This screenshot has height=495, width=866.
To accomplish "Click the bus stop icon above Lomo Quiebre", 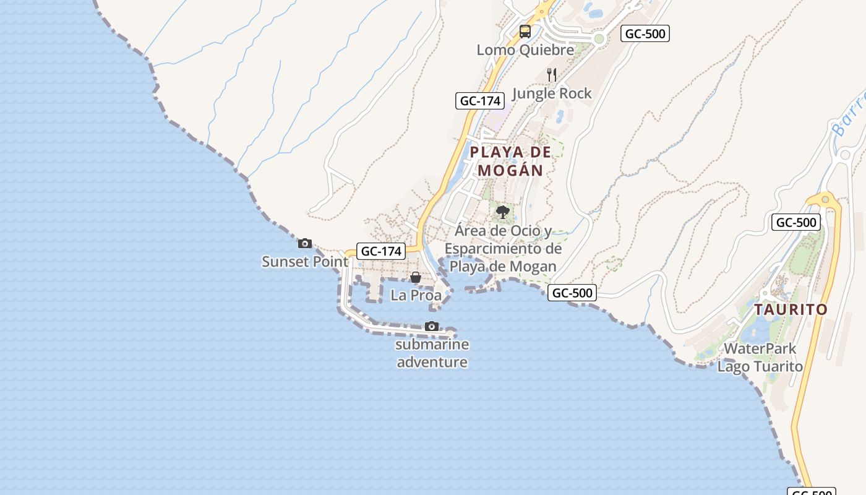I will tap(525, 31).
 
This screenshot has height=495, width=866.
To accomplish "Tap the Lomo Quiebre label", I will tap(525, 49).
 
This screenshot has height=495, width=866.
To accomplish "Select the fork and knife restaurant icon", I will tap(552, 75).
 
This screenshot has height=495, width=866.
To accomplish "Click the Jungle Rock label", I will tap(552, 93).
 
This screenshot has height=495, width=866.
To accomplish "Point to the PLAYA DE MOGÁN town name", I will tap(510, 161).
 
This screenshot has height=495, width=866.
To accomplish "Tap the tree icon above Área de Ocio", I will tap(503, 213).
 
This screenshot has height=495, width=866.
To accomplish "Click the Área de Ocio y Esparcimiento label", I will tap(503, 249).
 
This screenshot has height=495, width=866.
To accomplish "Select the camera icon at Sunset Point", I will tap(305, 244).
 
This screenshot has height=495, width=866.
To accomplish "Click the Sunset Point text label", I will tap(305, 262).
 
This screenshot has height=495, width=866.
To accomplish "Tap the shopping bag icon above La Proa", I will tap(416, 277).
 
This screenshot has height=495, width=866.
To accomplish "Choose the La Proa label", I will tap(416, 295).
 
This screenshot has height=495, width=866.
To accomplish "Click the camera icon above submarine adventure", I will tap(432, 326).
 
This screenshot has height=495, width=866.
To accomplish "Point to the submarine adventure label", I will tap(432, 353).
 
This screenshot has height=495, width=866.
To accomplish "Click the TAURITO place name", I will tap(791, 309).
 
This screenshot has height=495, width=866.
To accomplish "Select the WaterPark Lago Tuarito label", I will tap(760, 358).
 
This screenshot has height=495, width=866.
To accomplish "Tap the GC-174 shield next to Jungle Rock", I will tap(479, 100).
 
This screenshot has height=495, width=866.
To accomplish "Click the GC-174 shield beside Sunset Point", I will tap(382, 251).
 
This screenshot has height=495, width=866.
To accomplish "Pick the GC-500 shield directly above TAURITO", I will tap(795, 223).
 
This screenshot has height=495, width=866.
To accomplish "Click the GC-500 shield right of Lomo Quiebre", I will tap(645, 33).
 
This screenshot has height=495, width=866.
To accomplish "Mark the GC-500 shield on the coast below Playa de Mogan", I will tap(572, 293).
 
